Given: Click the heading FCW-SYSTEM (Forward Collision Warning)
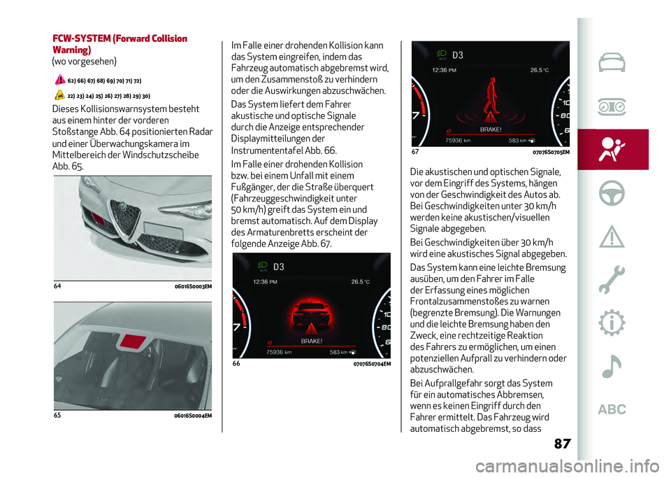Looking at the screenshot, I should pyautogui.click(x=120, y=44).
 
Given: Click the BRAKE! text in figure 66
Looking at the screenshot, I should pyautogui.click(x=312, y=340).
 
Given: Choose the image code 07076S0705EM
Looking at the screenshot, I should pyautogui.click(x=550, y=152).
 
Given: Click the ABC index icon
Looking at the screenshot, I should pyautogui.click(x=612, y=409).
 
